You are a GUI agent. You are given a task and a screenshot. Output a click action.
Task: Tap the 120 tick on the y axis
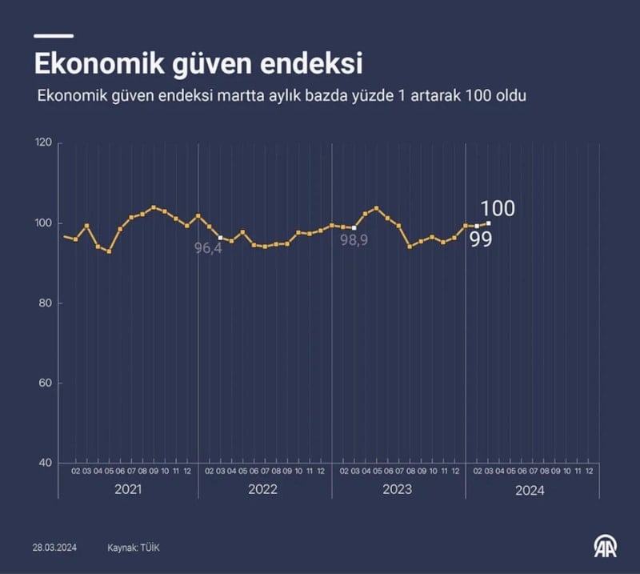point(43,143)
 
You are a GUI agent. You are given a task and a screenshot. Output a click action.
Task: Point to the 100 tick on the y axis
point(43,223)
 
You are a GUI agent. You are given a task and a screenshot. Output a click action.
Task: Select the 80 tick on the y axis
point(45,303)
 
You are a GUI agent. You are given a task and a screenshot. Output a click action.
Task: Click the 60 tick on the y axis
point(45,383)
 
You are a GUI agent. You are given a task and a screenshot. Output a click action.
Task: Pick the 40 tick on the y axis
point(45,464)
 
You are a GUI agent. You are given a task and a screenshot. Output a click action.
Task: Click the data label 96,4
point(208,248)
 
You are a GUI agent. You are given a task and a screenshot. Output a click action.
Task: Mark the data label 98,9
point(354,239)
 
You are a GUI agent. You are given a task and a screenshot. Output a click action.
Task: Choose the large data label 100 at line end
point(498,209)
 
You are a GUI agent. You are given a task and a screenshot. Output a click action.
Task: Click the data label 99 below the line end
point(480,239)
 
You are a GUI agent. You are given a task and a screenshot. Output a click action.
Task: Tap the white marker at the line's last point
point(488,223)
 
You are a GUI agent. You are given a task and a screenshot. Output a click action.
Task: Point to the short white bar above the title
point(53,35)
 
